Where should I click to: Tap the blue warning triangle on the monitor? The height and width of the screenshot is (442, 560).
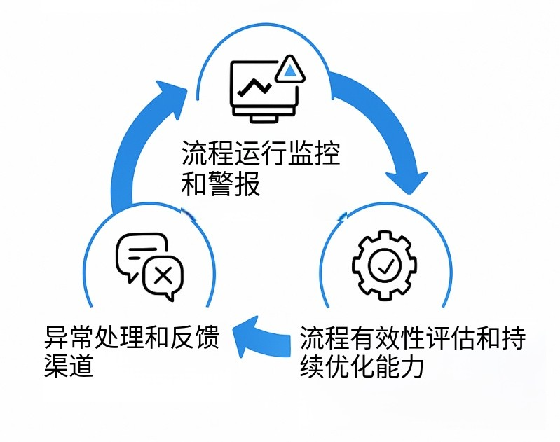289,69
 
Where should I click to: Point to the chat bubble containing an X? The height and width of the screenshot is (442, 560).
163,275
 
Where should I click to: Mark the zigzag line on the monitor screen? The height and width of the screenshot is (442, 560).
254,88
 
